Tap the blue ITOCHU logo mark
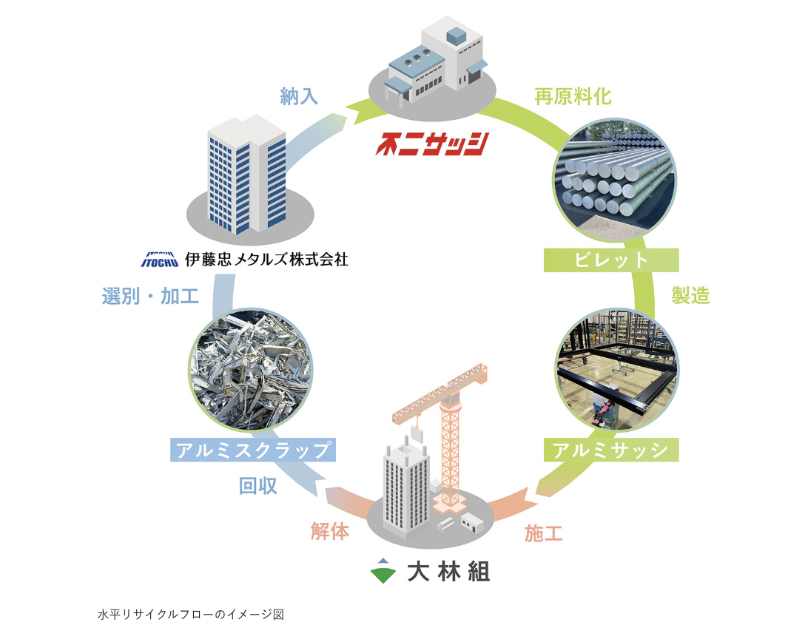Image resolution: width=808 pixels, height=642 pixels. (x=159, y=260)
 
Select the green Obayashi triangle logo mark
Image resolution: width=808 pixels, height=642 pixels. (x=383, y=571)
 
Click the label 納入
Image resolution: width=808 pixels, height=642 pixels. (x=300, y=96)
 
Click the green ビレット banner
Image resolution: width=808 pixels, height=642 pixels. (x=610, y=260)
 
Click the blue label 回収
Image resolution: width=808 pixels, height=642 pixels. (x=258, y=486)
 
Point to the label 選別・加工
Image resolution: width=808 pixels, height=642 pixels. (x=150, y=297)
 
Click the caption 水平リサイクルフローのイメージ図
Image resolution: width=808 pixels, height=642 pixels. (x=190, y=614)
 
